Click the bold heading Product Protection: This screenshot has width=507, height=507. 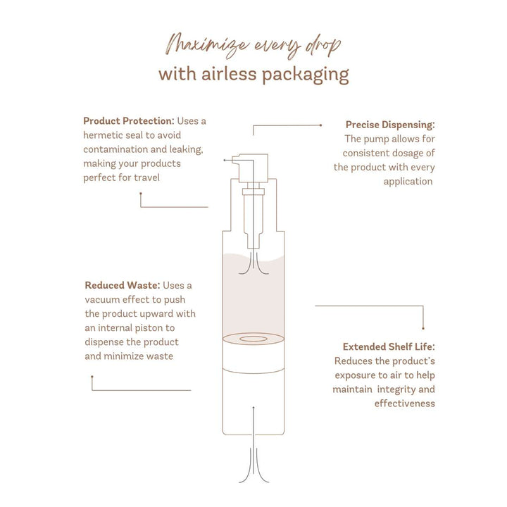coord(129,121)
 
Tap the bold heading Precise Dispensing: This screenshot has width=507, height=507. coord(390,125)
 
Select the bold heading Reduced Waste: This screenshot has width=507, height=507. coord(123,285)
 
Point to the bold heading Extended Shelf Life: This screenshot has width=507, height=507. coord(389,347)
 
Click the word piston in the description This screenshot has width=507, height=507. coord(149,328)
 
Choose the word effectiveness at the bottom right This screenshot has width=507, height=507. coord(404,403)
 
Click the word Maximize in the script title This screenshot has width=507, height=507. coord(207,45)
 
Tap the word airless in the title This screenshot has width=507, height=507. coord(229,74)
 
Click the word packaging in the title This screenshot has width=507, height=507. coord(305,75)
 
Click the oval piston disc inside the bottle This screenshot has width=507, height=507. coord(254,339)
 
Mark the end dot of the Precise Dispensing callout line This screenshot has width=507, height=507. coord(321,125)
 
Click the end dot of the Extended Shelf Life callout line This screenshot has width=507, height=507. coord(423,329)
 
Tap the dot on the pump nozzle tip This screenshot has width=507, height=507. coord(225,160)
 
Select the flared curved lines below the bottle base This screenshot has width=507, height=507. coord(254,465)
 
